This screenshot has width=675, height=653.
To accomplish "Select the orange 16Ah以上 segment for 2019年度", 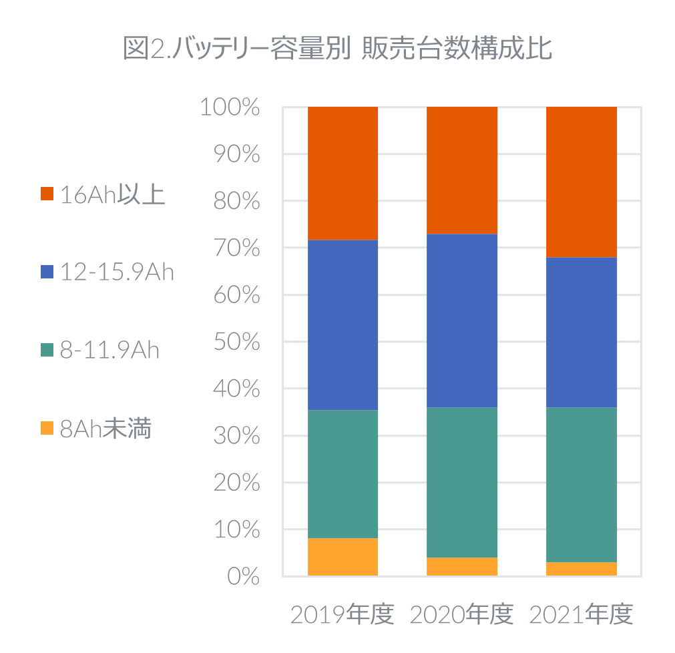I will point(343,173).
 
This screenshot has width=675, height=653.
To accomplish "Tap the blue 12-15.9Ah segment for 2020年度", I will point(462,320).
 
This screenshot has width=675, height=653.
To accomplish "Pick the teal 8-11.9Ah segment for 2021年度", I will point(582,485).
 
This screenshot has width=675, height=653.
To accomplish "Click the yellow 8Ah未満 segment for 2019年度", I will point(343,557).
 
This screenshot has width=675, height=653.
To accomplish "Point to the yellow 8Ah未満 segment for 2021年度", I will point(582,569).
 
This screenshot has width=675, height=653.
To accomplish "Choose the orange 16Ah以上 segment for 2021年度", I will point(582,182).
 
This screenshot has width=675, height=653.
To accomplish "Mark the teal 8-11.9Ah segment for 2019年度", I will point(343,474).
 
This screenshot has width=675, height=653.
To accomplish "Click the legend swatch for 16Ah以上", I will point(47,194).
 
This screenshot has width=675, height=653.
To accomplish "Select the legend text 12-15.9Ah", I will point(117,272).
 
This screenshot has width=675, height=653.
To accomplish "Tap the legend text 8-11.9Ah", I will point(109,351).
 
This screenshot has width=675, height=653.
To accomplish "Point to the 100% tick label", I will point(230,107).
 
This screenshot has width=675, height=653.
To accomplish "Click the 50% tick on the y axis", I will point(236,342).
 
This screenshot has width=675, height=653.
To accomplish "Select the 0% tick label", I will point(243,576).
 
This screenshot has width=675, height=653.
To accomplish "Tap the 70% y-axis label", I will point(236,248).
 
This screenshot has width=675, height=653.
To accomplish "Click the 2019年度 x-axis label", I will point(343,615).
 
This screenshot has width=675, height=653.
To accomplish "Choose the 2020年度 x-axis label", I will point(462,615).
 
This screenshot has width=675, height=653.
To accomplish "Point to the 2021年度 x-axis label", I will point(581,615).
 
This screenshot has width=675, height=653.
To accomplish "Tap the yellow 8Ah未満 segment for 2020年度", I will point(462,566).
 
